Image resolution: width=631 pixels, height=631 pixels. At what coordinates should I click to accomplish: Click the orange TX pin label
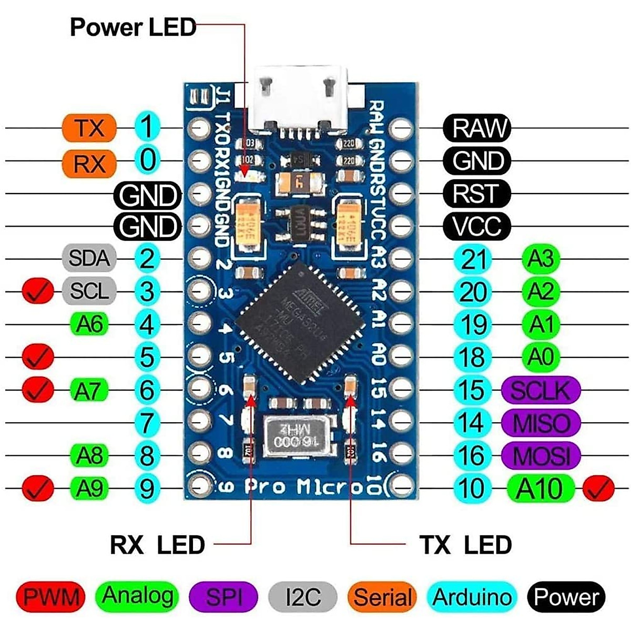(x=89, y=128)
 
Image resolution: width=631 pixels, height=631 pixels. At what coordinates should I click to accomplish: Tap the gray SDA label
(x=89, y=258)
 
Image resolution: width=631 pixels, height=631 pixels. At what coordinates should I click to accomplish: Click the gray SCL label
(x=89, y=290)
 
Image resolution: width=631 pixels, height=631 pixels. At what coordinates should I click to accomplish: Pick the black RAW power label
(x=476, y=128)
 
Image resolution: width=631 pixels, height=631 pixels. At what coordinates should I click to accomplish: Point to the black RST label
(x=476, y=194)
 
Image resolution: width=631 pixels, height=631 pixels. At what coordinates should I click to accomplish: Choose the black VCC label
(x=476, y=226)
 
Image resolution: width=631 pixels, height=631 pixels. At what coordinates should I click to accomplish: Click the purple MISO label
(x=541, y=423)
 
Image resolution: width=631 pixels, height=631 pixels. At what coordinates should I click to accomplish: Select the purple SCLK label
(x=541, y=390)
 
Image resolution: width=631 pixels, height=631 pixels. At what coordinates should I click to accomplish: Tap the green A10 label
(x=540, y=488)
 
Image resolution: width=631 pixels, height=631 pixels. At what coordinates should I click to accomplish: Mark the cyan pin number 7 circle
(x=148, y=423)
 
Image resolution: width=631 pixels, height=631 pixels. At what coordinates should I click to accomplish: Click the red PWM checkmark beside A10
(x=599, y=488)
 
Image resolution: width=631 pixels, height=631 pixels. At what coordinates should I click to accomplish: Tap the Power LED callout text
(x=133, y=27)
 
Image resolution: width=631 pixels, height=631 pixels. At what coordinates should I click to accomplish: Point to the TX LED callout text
(x=465, y=545)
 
